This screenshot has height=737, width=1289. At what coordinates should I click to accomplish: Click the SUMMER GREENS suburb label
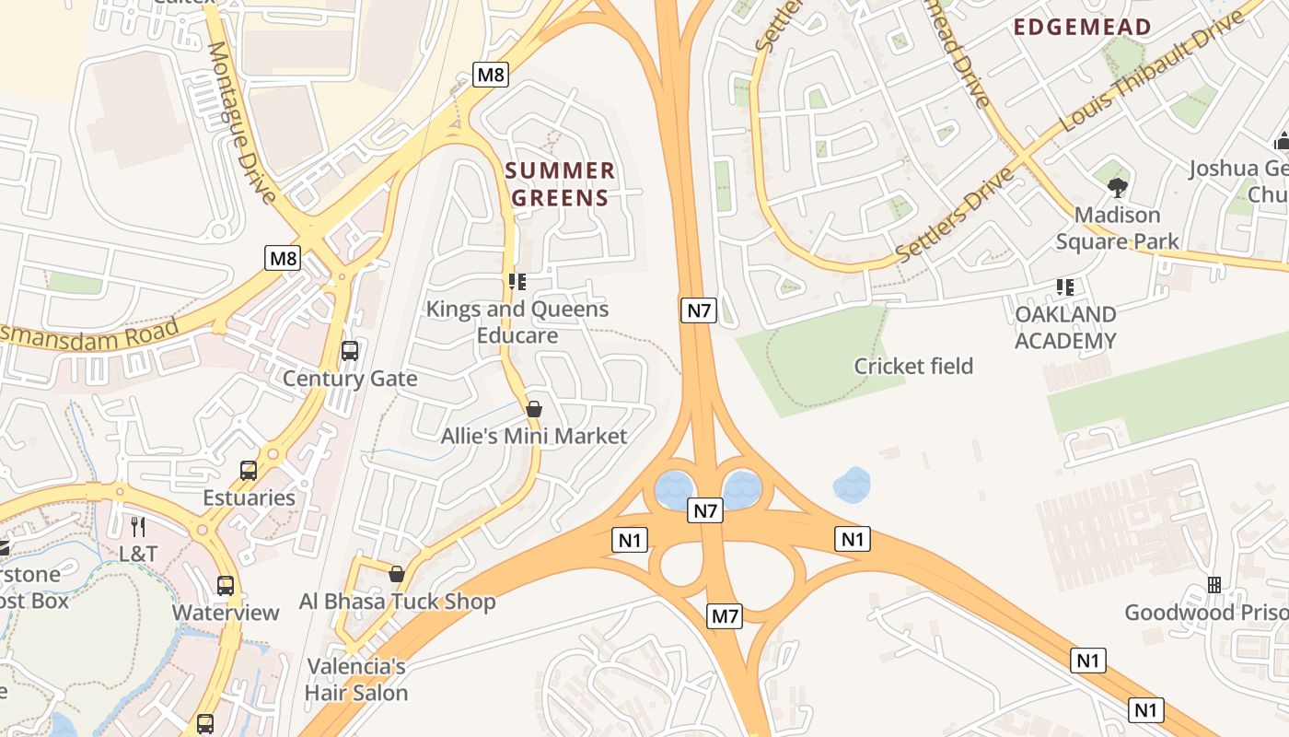pos(560,184)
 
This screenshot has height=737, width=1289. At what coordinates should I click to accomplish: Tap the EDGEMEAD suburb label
pos(1083,27)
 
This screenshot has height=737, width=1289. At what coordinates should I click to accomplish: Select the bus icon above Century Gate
pos(350,351)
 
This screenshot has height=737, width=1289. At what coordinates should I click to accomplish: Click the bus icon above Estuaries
pos(249,471)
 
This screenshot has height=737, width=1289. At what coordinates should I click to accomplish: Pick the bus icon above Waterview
pos(226,585)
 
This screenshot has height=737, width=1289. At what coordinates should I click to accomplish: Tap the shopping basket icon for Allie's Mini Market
pos(534,409)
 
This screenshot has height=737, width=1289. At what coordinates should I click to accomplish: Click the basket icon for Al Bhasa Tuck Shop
pos(397,574)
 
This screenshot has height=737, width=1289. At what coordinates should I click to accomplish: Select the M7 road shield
pos(725,616)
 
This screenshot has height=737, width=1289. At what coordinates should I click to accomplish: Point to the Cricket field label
pos(913,366)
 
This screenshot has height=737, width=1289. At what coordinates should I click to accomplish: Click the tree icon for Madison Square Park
pos(1118,188)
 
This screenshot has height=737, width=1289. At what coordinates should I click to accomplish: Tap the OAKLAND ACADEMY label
pos(1065,327)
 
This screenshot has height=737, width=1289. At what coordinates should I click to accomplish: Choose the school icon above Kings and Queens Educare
pos(517,281)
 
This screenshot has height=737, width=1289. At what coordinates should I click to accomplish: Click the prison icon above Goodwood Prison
pos(1214,585)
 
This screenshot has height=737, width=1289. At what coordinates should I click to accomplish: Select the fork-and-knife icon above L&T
pos(138,527)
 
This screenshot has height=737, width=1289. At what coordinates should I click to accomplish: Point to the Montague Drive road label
pos(242,123)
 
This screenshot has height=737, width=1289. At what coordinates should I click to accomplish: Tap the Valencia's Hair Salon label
pos(356,679)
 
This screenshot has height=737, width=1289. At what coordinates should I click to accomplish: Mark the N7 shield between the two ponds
pos(705,509)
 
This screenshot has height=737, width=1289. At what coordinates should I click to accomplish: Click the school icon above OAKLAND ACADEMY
pos(1065,287)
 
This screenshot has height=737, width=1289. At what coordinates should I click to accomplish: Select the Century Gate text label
pos(350,379)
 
